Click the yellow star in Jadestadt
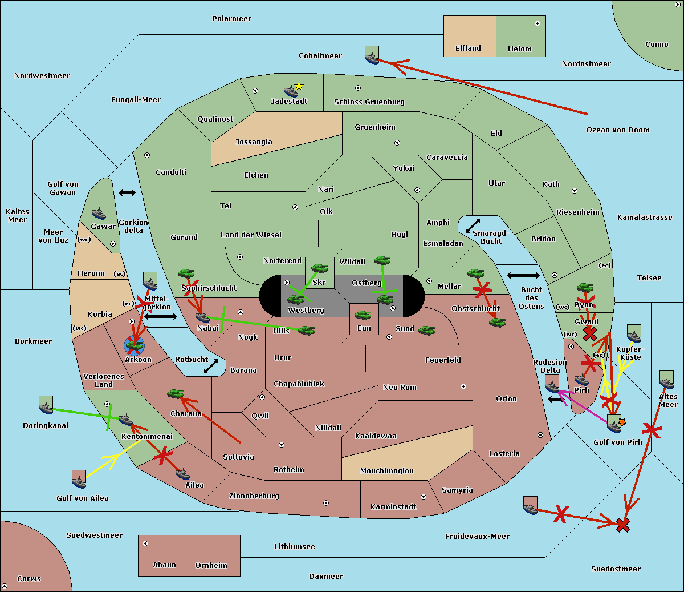[299, 87]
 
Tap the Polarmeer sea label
[231, 19]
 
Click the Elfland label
[468, 49]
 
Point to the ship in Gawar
[99, 214]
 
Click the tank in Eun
[363, 315]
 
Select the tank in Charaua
[176, 394]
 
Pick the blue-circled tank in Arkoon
[134, 345]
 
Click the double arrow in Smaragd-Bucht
[473, 225]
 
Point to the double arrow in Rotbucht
[211, 367]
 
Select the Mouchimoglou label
[387, 470]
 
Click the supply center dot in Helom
[538, 23]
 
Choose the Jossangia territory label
[254, 142]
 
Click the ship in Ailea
[182, 474]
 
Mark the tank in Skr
[319, 268]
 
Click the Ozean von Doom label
[617, 130]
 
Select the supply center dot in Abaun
[145, 543]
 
